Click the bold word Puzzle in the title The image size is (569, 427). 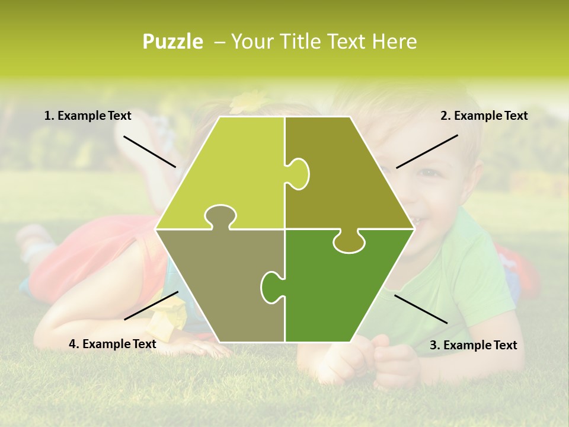coord(172,42)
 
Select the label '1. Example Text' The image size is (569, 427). coord(88,116)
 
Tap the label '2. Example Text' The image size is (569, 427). coord(484,116)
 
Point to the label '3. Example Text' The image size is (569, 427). coord(473,345)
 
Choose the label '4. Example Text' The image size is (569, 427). coord(113,344)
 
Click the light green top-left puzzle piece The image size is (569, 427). coord(231,172)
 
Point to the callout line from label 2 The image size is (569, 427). coord(427,151)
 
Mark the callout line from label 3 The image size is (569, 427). coord(421,309)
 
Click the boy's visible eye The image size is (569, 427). coord(428,173)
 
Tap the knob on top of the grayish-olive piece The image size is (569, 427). coord(220,217)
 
